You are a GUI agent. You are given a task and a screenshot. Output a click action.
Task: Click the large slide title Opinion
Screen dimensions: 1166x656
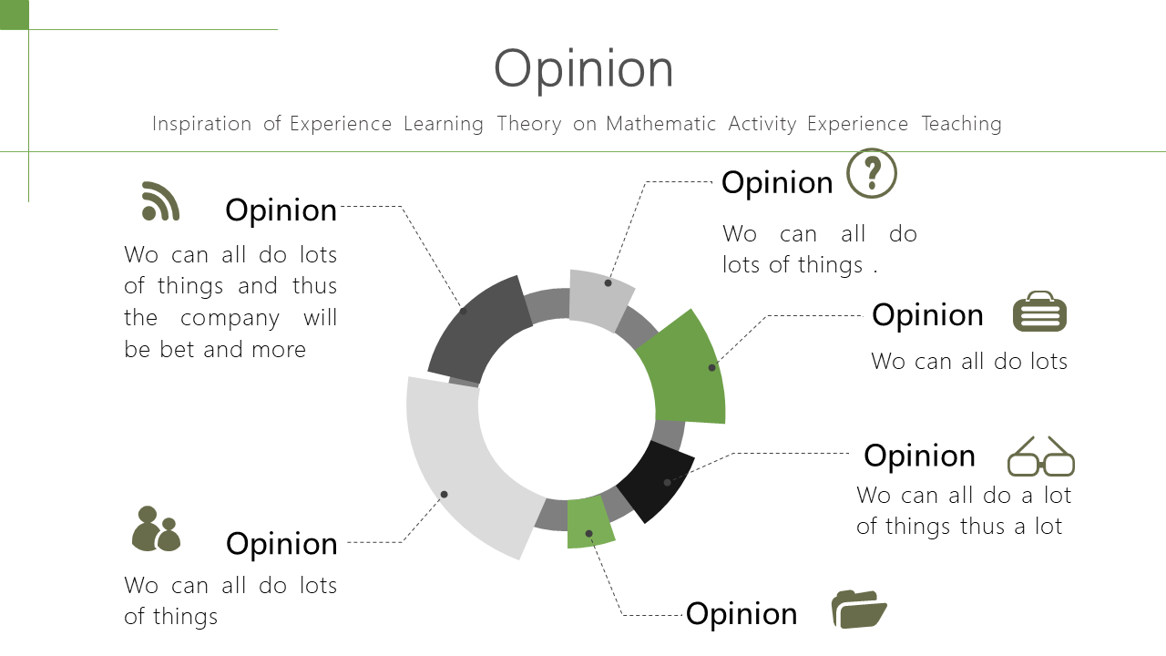pos(584,69)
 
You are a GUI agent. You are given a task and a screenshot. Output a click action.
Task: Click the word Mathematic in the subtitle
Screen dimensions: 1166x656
pos(661,124)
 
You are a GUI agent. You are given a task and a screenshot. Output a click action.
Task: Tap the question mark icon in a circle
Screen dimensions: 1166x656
pos(872,173)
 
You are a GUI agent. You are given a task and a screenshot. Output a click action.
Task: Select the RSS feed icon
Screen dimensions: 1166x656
pos(160,201)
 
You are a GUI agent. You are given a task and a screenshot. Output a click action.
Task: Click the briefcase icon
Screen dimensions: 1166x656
pos(1039,312)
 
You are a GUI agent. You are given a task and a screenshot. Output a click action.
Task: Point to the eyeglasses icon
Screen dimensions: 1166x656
pos(1041,456)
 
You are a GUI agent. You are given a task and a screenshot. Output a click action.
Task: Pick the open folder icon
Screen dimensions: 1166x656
pos(859,610)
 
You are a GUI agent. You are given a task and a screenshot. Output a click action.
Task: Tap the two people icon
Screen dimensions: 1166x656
pos(156,528)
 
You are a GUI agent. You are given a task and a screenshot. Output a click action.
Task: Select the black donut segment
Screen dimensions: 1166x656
pos(657,480)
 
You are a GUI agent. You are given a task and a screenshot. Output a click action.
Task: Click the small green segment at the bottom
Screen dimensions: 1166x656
pos(589,522)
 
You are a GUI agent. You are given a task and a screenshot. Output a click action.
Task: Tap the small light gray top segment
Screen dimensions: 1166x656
pos(599,300)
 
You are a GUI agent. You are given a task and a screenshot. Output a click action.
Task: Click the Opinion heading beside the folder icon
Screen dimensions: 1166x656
pos(742,614)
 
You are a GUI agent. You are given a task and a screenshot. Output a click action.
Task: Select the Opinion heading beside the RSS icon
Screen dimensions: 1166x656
pos(281,210)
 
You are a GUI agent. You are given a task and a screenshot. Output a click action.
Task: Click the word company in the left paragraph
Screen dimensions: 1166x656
pos(230,318)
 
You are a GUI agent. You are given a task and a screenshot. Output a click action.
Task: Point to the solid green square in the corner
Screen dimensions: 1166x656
pos(14,15)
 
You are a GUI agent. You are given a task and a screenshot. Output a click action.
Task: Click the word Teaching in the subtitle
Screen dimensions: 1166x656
pos(961,124)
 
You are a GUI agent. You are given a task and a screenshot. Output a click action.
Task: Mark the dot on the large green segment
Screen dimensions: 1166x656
pos(711,367)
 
